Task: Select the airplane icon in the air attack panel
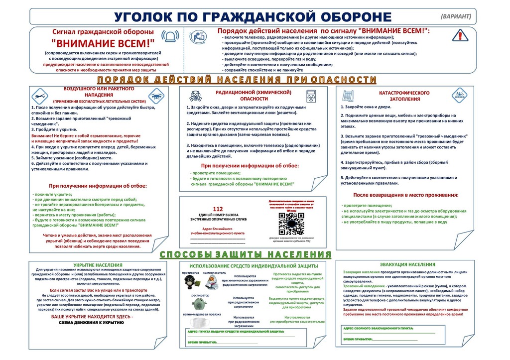pos(39,95)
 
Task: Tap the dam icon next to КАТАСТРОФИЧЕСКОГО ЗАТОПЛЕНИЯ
pos(347,95)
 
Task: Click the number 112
pos(218,209)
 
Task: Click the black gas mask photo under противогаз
pos(190,282)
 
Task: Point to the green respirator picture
pos(198,303)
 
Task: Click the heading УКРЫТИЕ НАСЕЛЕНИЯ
pos(98,265)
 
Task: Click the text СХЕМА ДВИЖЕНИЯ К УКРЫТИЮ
pos(92,323)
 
